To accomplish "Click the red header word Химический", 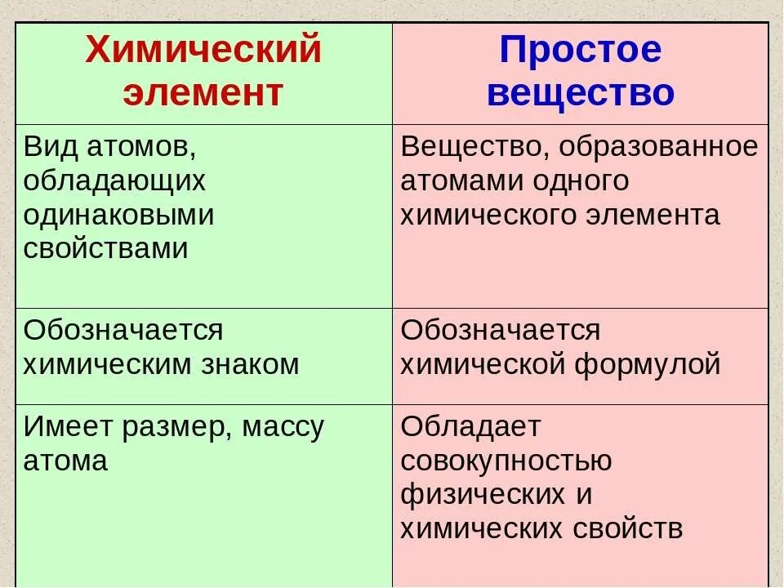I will pyautogui.click(x=203, y=52).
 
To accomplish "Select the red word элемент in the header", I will pyautogui.click(x=203, y=93).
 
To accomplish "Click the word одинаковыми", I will pyautogui.click(x=118, y=216).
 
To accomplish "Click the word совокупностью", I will pyautogui.click(x=506, y=461).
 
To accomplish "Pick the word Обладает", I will pyautogui.click(x=471, y=427).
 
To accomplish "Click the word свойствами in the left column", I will pyautogui.click(x=106, y=249).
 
